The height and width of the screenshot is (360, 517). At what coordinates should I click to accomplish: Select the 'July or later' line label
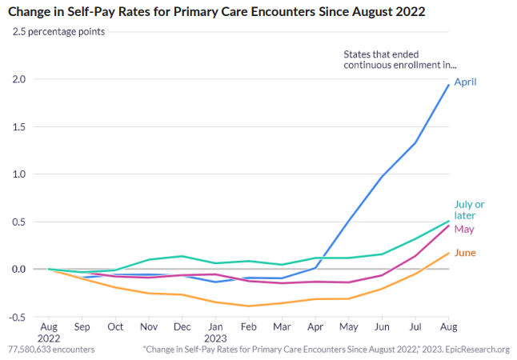469,210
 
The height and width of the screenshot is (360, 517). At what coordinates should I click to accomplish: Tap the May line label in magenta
464,229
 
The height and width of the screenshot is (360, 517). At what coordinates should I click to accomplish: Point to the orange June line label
466,253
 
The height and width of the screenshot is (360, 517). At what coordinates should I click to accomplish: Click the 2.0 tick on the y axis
18,79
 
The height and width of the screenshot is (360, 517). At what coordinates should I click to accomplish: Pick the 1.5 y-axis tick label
18,126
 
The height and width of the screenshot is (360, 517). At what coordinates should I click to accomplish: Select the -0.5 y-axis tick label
16,317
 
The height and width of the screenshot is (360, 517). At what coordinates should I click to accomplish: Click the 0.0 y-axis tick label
18,269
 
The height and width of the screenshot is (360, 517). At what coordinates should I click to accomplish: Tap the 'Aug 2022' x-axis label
49,333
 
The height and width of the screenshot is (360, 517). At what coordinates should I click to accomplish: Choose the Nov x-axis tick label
149,328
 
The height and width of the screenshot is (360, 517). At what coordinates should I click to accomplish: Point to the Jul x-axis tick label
415,328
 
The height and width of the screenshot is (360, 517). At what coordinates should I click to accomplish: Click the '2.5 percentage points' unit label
58,32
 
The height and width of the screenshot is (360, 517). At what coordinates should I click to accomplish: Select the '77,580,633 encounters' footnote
51,350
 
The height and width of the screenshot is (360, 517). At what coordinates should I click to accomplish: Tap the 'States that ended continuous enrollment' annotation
399,59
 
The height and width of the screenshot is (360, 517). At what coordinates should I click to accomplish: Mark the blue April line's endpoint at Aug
447,85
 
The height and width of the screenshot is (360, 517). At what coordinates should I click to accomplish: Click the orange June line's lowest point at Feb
248,306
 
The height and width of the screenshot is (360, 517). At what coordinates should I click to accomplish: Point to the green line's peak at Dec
182,256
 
